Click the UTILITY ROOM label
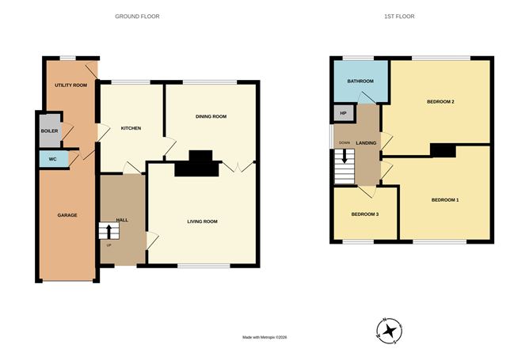click(70, 85)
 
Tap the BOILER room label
click(50, 131)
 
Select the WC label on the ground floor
click(52, 159)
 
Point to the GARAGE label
click(67, 214)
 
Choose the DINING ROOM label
click(211, 116)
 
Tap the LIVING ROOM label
click(201, 221)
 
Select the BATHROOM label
click(360, 81)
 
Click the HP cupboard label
click(343, 114)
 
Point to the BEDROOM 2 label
click(440, 101)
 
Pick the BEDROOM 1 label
click(445, 200)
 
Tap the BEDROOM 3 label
click(364, 215)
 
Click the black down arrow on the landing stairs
click(344, 154)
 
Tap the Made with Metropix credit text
click(264, 337)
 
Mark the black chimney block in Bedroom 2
click(442, 150)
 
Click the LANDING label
click(366, 142)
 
